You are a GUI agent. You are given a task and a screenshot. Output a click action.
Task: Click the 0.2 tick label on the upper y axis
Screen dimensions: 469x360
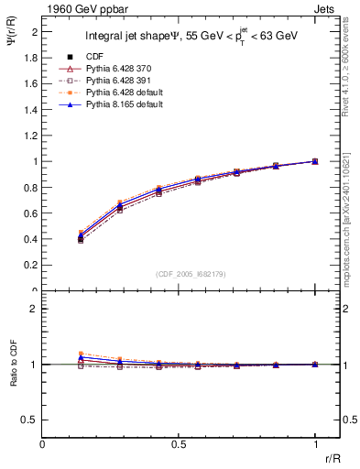click(x=31, y=266)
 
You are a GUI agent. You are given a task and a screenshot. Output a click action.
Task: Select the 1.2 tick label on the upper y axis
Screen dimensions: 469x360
click(x=31, y=136)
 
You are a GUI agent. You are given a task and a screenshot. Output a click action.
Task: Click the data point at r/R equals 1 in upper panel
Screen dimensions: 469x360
click(x=315, y=161)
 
